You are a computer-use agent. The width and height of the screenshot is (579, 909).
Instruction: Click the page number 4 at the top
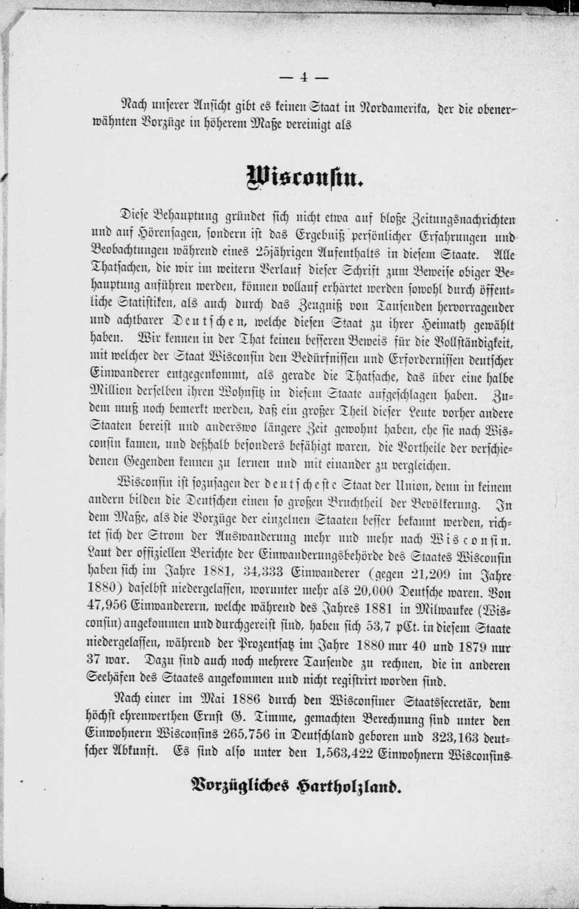point(303,77)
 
